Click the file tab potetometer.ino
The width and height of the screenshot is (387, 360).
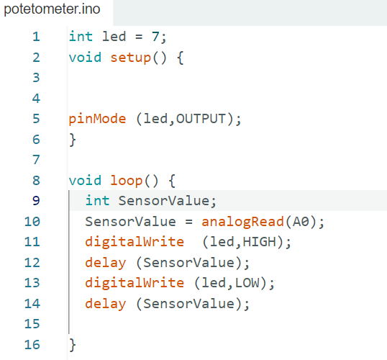pyautogui.click(x=52, y=9)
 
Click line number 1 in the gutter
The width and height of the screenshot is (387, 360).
pyautogui.click(x=36, y=37)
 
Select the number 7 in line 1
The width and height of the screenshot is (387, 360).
pyautogui.click(x=155, y=37)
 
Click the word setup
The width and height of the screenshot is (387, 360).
pyautogui.click(x=130, y=58)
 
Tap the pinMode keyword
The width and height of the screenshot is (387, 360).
pyautogui.click(x=97, y=119)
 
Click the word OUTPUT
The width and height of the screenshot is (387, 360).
pyautogui.click(x=201, y=119)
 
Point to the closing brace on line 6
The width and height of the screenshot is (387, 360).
pyautogui.click(x=73, y=140)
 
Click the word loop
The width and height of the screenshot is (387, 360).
pyautogui.click(x=126, y=181)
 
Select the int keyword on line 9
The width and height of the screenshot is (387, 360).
pyautogui.click(x=97, y=201)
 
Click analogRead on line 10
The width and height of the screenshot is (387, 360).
pyautogui.click(x=242, y=222)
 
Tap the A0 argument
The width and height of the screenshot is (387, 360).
pyautogui.click(x=301, y=221)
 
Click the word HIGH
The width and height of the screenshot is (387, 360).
pyautogui.click(x=259, y=242)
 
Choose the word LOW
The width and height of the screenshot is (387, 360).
pyautogui.click(x=247, y=283)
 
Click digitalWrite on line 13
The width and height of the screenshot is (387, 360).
pyautogui.click(x=135, y=284)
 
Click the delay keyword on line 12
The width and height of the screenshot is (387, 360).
pyautogui.click(x=106, y=263)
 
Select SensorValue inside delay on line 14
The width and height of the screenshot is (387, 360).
pyautogui.click(x=188, y=304)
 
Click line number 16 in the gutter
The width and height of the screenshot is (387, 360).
pyautogui.click(x=32, y=345)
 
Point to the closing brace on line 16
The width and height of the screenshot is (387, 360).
pyautogui.click(x=73, y=345)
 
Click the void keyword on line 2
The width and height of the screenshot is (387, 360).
pyautogui.click(x=85, y=58)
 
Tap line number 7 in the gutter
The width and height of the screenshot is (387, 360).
pyautogui.click(x=36, y=160)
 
